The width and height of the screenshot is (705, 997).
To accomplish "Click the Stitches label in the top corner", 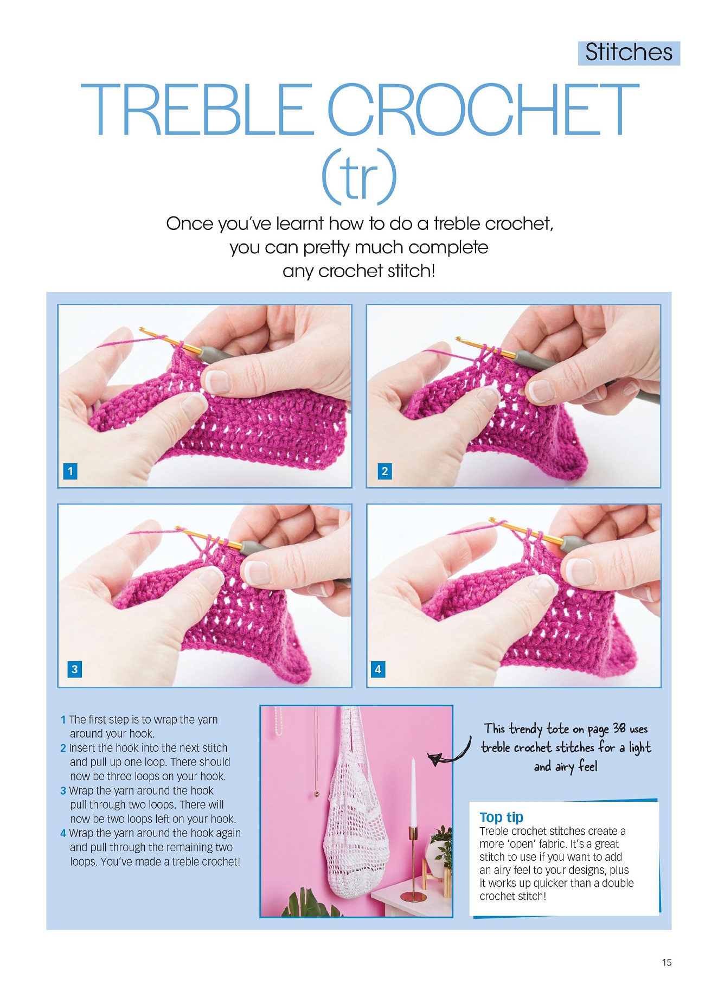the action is pyautogui.click(x=629, y=53).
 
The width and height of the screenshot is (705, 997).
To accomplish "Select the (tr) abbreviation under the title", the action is pyautogui.click(x=359, y=176).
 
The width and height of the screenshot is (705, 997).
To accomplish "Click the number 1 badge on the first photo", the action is pyautogui.click(x=70, y=471).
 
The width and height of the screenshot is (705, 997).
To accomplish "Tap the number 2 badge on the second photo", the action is pyautogui.click(x=384, y=471).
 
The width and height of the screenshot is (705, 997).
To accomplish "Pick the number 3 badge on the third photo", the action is pyautogui.click(x=74, y=669).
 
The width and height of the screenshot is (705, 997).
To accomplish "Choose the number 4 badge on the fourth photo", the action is pyautogui.click(x=378, y=669).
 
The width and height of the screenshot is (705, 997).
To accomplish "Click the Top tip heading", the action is pyautogui.click(x=501, y=817).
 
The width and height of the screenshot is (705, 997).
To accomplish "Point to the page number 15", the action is pyautogui.click(x=666, y=962).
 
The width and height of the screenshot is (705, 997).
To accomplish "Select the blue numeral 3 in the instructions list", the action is pyautogui.click(x=63, y=791).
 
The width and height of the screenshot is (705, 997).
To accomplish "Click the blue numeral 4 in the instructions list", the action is pyautogui.click(x=63, y=833).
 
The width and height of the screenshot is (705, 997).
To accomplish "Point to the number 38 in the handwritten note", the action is pyautogui.click(x=619, y=728).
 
